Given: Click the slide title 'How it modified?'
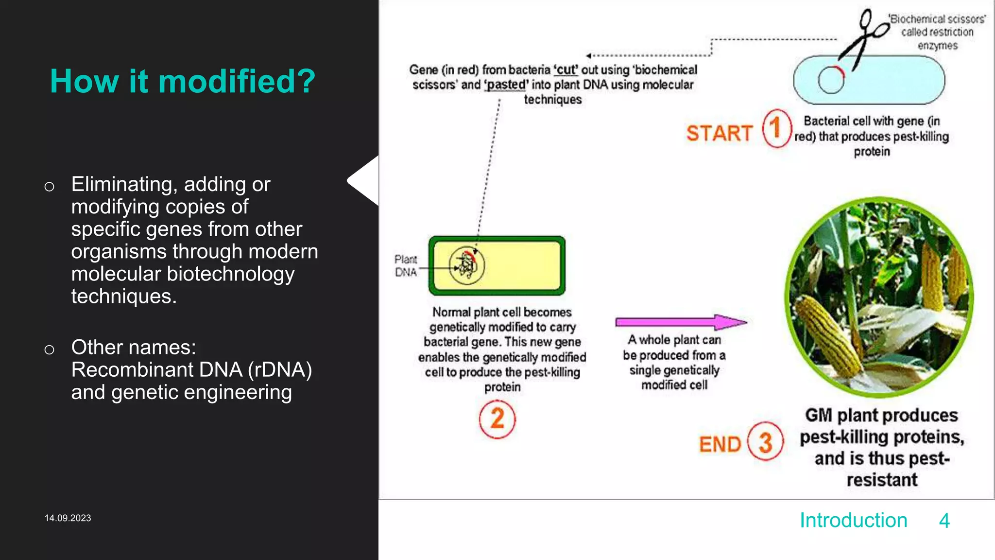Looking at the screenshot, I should [183, 81].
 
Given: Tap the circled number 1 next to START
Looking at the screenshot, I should [776, 129].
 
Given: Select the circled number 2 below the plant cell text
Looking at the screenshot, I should [497, 419].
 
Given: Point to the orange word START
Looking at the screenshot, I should [719, 133].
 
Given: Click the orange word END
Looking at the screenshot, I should [720, 444].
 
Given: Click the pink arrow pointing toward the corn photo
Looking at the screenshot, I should [680, 322].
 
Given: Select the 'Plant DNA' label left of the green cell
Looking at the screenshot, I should [405, 266].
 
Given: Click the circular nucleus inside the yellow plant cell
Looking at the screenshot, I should [466, 265].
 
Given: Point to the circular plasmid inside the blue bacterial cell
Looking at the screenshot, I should [831, 80].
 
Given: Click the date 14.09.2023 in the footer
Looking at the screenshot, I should [68, 518].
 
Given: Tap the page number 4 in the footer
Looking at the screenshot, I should [944, 521].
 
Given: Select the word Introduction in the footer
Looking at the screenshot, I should [853, 521].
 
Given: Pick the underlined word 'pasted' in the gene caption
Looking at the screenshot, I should [506, 85].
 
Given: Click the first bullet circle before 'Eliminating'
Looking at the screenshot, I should [49, 187].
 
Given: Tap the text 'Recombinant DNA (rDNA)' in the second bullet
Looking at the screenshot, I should [191, 370].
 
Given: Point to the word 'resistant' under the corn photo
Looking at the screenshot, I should [882, 480].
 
